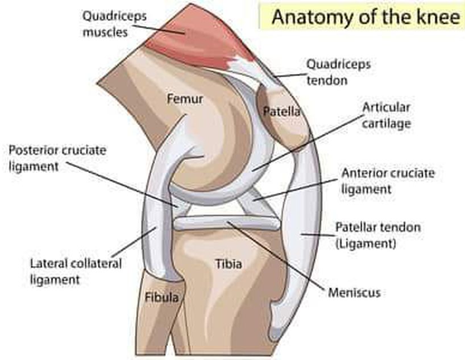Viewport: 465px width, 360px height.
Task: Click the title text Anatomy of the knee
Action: (x=366, y=17)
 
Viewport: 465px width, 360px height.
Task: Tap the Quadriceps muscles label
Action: (x=114, y=24)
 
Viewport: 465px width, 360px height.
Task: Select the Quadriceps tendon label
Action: (x=338, y=72)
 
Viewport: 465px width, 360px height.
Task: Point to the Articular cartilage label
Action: (x=387, y=115)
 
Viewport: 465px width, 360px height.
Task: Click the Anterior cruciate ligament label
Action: (x=388, y=181)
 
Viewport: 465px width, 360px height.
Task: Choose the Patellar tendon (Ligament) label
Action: (x=378, y=235)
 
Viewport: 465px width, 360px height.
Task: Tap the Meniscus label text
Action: (x=354, y=293)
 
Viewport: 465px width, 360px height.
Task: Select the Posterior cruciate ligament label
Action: (x=57, y=158)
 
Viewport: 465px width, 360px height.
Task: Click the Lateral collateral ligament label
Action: (x=76, y=271)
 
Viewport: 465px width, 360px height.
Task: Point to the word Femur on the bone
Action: (x=185, y=99)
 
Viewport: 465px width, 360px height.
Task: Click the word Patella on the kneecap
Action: (x=282, y=111)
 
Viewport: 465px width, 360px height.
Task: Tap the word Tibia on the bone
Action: (x=229, y=264)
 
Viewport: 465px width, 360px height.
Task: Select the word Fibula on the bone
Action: (x=162, y=297)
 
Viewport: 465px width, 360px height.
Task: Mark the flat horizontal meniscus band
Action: (x=227, y=224)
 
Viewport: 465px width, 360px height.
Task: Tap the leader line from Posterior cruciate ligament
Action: (x=122, y=184)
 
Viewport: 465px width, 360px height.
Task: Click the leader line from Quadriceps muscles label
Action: (x=159, y=30)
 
